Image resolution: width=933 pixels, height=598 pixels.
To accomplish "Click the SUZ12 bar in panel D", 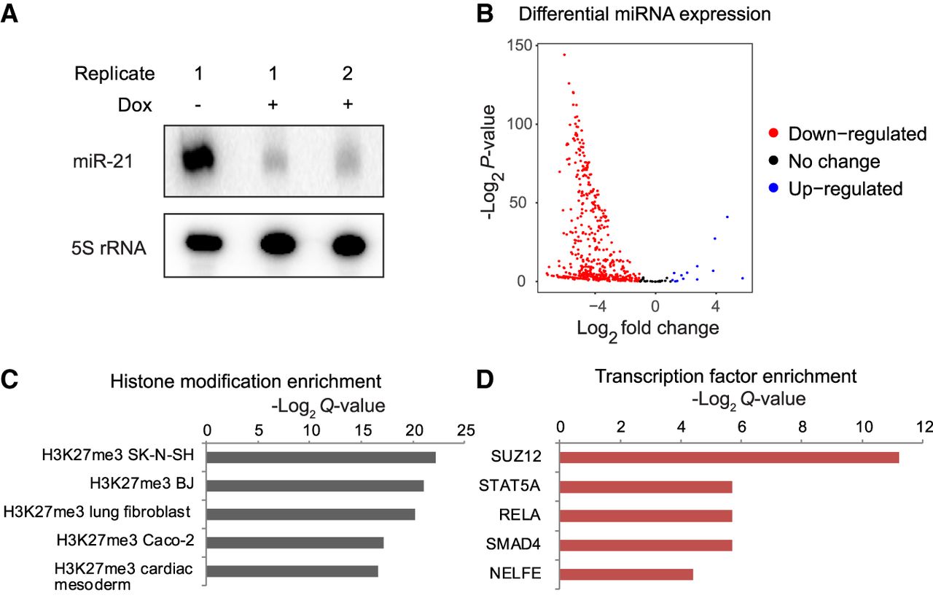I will [x=729, y=457].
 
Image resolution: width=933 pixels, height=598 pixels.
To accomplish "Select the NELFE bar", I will [x=626, y=574].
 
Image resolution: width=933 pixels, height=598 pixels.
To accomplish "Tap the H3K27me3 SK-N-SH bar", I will [x=321, y=457].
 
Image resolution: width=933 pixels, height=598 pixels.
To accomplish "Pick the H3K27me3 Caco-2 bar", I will [x=294, y=543].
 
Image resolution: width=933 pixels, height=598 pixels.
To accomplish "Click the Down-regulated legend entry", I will [x=847, y=134].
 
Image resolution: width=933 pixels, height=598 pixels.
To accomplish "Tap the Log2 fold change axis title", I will [x=647, y=328].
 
